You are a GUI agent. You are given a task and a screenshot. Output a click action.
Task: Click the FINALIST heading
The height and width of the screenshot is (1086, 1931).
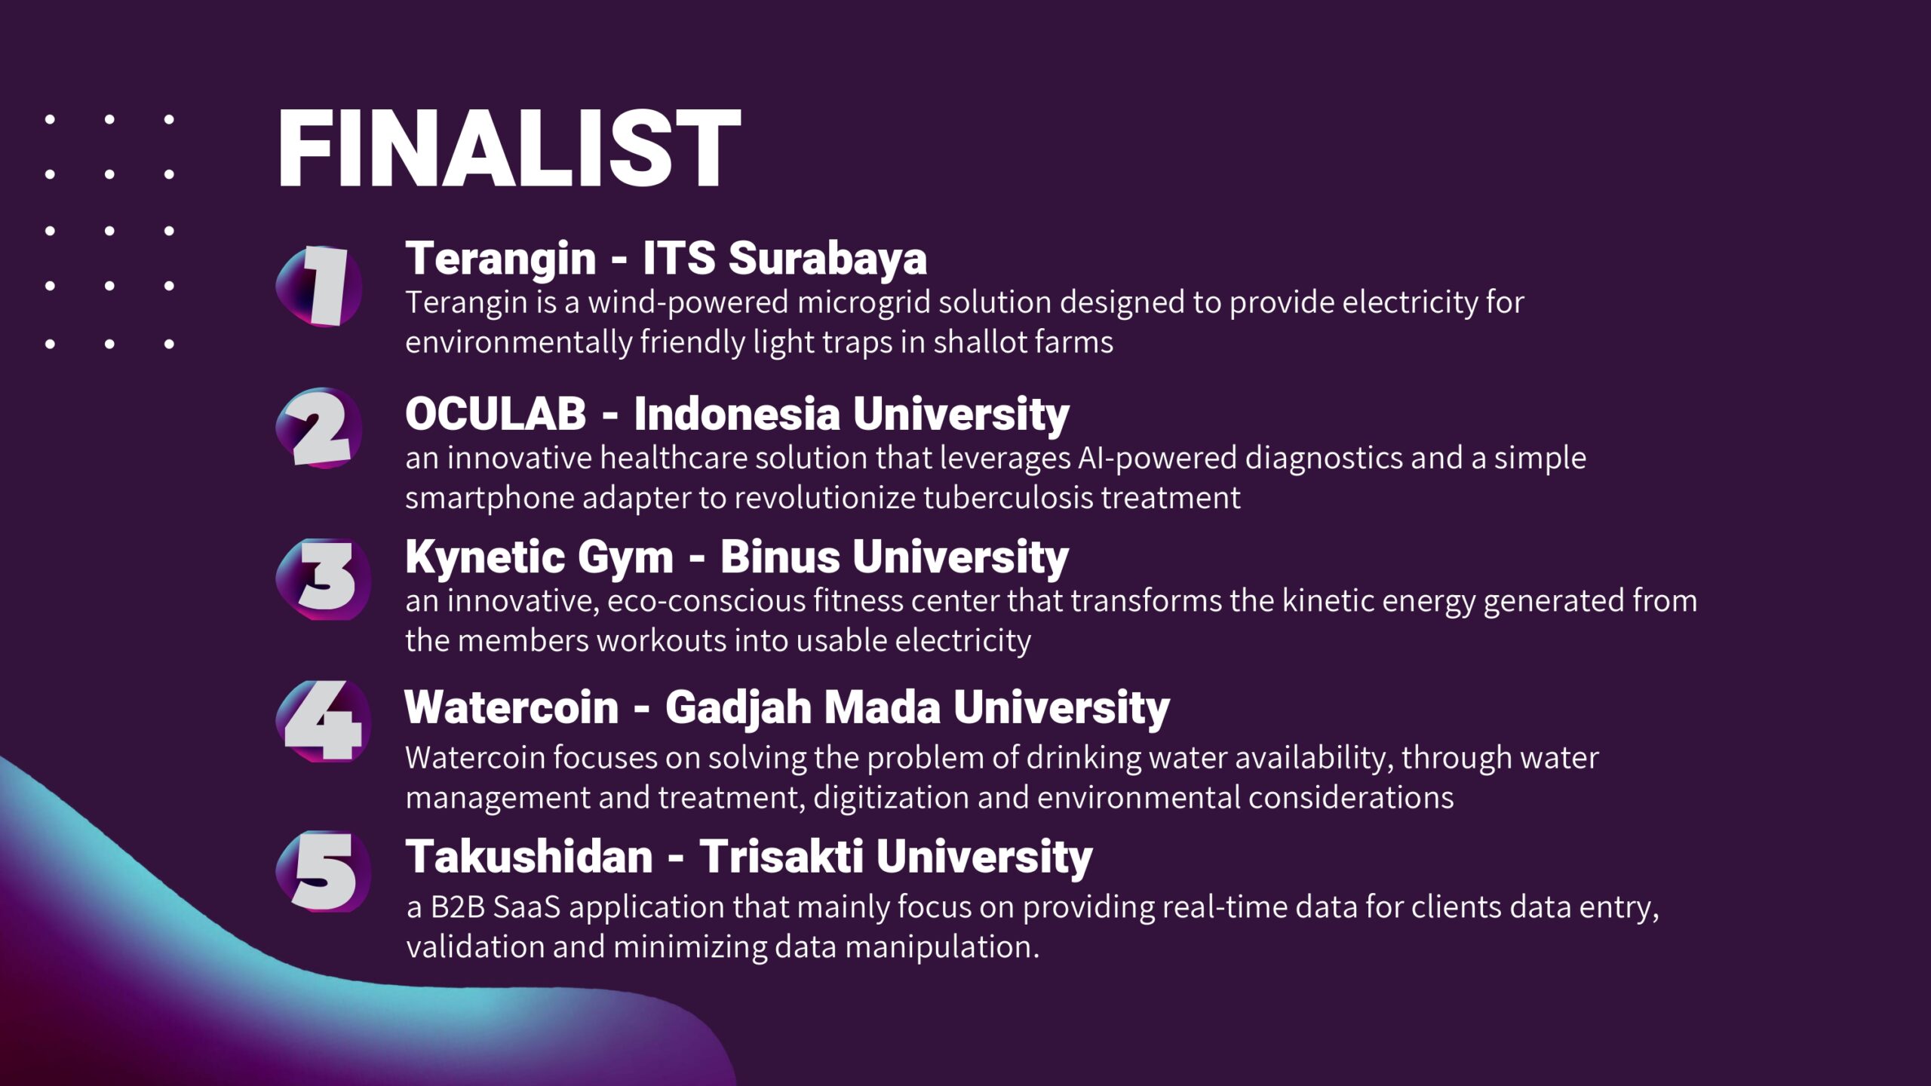point(509,148)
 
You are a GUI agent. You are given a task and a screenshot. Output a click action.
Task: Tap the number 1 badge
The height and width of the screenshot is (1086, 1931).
point(320,287)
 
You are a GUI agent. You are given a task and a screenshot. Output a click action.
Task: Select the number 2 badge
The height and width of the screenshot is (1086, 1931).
point(320,428)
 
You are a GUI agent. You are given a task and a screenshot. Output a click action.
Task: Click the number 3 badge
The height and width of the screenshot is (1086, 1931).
point(324,579)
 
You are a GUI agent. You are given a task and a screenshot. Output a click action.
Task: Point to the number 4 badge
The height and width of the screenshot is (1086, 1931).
point(324,721)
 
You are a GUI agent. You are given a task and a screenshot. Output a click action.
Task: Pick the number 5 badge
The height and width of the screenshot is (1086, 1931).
point(324,872)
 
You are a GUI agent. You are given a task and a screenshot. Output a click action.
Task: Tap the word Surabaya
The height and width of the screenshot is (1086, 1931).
point(827,258)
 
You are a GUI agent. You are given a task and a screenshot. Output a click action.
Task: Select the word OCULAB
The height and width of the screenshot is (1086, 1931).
point(496,413)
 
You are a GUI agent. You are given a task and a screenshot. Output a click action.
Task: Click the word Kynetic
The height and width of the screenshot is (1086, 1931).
point(484,558)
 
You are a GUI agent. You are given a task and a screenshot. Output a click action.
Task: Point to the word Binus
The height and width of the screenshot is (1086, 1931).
point(780,557)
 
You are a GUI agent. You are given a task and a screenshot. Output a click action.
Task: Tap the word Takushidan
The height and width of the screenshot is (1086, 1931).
point(530,857)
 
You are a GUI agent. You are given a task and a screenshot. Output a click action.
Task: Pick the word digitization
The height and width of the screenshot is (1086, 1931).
point(892,798)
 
